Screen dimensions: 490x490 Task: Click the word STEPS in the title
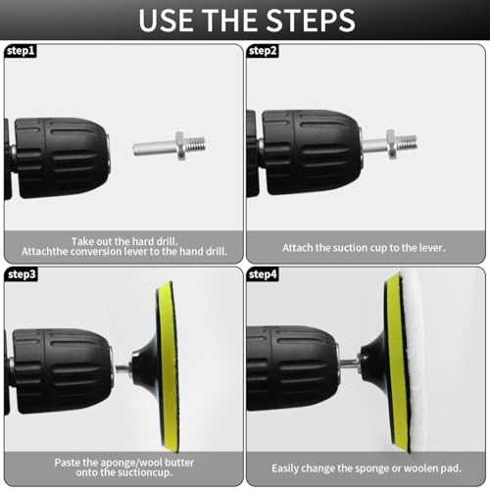311,21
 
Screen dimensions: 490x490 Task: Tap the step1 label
21,51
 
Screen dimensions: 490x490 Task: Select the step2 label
263,51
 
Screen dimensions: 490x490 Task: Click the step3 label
22,274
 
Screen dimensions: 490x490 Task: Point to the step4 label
263,274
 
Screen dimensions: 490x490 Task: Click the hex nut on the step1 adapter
180,146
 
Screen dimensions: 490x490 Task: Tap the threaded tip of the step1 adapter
195,145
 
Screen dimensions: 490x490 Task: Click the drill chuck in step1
62,158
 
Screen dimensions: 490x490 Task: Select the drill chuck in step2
312,152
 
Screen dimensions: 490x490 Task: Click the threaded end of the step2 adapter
406,142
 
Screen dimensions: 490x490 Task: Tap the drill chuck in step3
62,370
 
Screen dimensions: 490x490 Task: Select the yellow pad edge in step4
397,363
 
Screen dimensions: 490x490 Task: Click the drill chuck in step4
292,367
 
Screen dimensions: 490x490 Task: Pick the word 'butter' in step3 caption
179,463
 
